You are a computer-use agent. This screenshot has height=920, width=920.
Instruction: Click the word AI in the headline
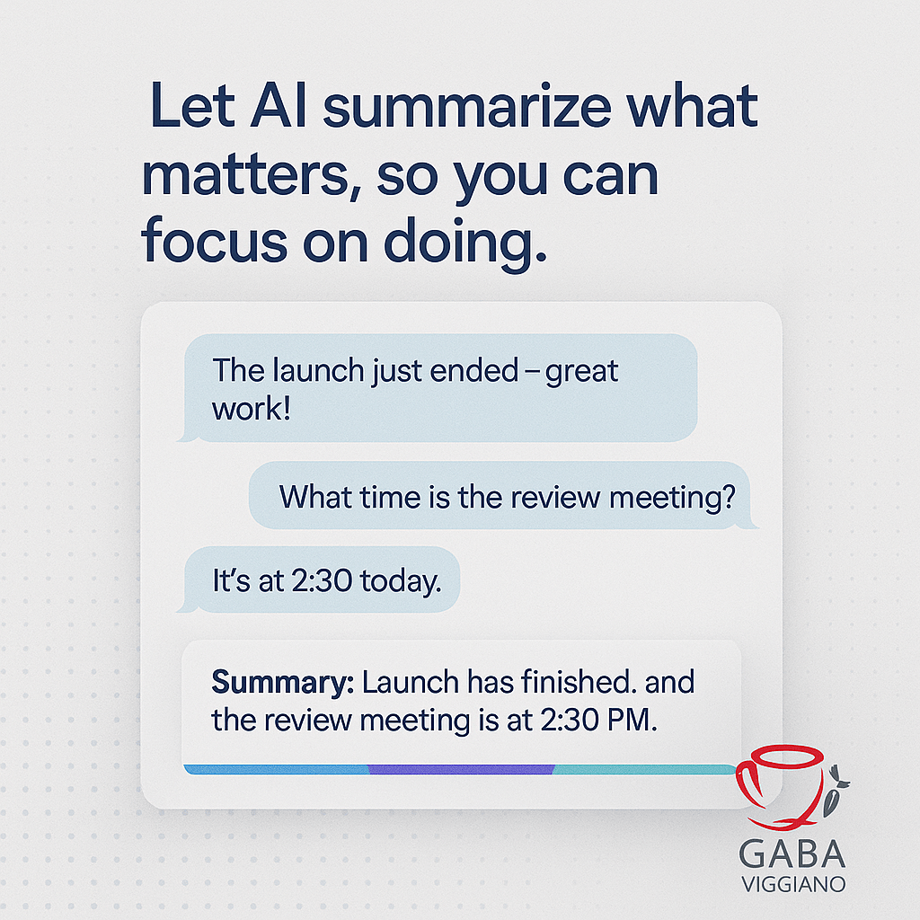tap(279, 106)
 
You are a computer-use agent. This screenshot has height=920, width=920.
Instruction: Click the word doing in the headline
tap(464, 243)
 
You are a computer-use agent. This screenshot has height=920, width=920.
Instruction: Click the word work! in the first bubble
tap(252, 409)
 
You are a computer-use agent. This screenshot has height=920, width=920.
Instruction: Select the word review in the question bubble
tap(556, 498)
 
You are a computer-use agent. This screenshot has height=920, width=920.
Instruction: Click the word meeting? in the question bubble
tap(672, 499)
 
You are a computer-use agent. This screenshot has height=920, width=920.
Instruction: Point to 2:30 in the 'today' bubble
tap(323, 581)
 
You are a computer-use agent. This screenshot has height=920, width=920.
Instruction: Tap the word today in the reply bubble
tap(401, 581)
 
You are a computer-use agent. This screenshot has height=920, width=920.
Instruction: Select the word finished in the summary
tap(579, 682)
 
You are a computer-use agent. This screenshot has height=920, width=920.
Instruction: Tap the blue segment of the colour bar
tap(276, 769)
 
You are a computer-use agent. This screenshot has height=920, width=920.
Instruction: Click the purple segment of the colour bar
tap(461, 769)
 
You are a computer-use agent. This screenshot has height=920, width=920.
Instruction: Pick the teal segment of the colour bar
tap(644, 769)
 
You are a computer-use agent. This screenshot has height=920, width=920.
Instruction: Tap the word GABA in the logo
tap(792, 854)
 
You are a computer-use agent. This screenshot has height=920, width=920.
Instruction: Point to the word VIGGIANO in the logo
tap(793, 884)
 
